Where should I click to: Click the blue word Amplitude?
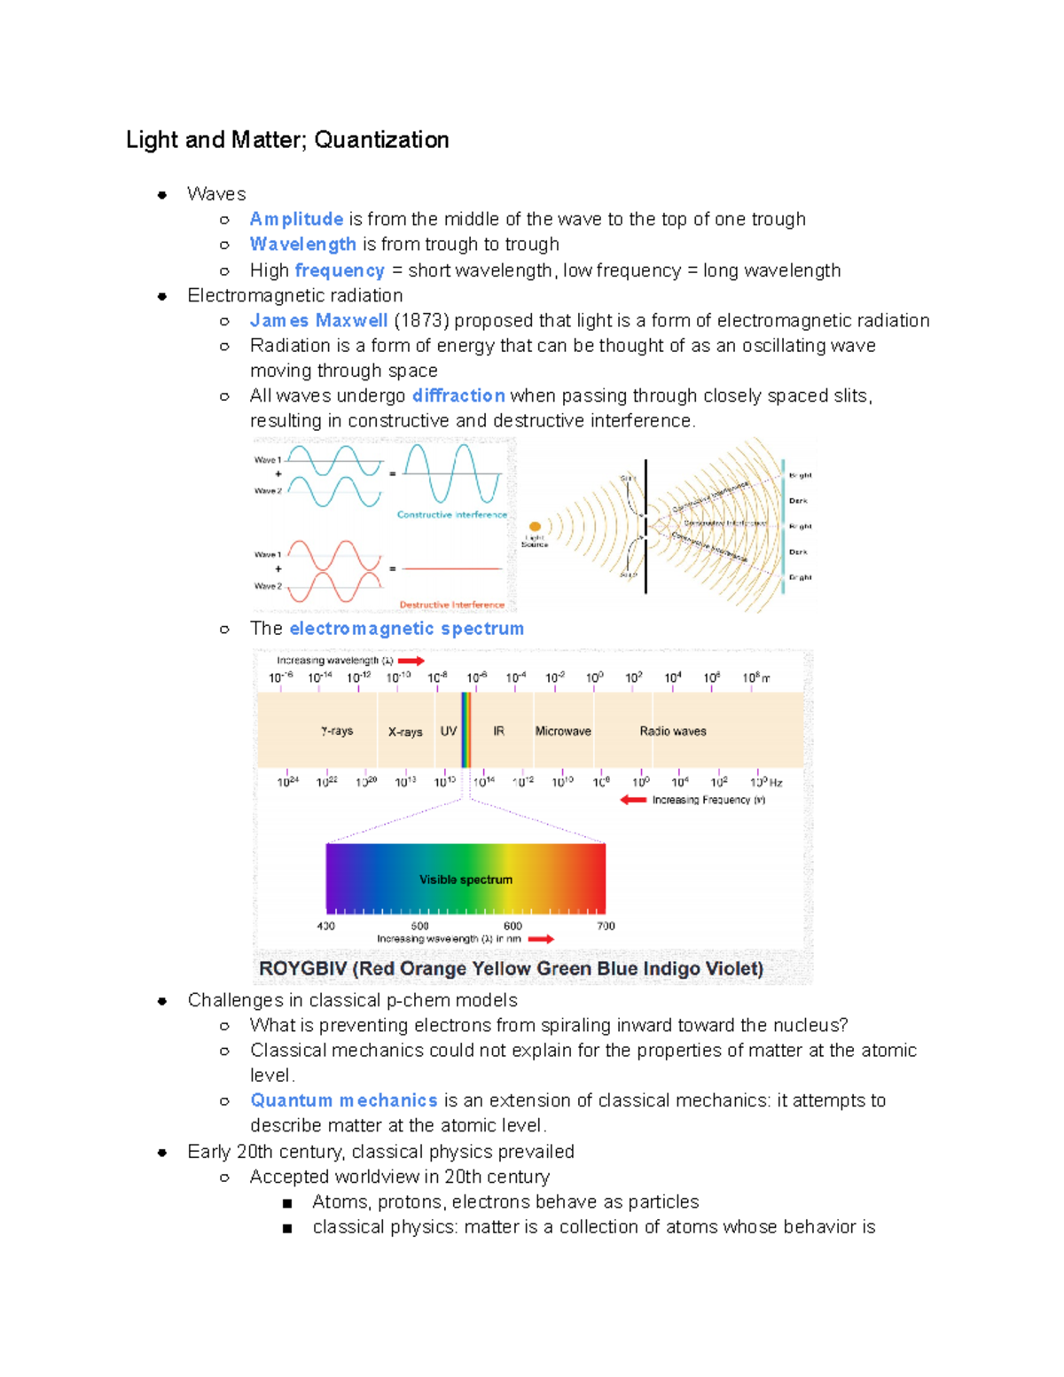(296, 219)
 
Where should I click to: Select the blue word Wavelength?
(302, 244)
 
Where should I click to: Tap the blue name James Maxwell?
(318, 320)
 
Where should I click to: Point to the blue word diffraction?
(458, 395)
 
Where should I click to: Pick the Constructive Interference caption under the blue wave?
(451, 514)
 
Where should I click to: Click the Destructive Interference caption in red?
(451, 605)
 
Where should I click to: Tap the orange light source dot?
(535, 527)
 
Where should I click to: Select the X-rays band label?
(405, 732)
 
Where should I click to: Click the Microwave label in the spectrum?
(563, 731)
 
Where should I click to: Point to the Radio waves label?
(673, 731)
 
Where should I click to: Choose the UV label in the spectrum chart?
(449, 731)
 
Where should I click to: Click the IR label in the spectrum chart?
(498, 731)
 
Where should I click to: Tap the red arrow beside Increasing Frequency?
(633, 800)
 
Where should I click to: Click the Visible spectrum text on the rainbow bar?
(465, 880)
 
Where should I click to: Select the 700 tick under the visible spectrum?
(606, 926)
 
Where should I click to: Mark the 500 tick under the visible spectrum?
(419, 926)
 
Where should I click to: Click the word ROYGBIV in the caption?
(302, 968)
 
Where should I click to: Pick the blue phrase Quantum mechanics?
(343, 1100)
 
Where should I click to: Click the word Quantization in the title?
(381, 140)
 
